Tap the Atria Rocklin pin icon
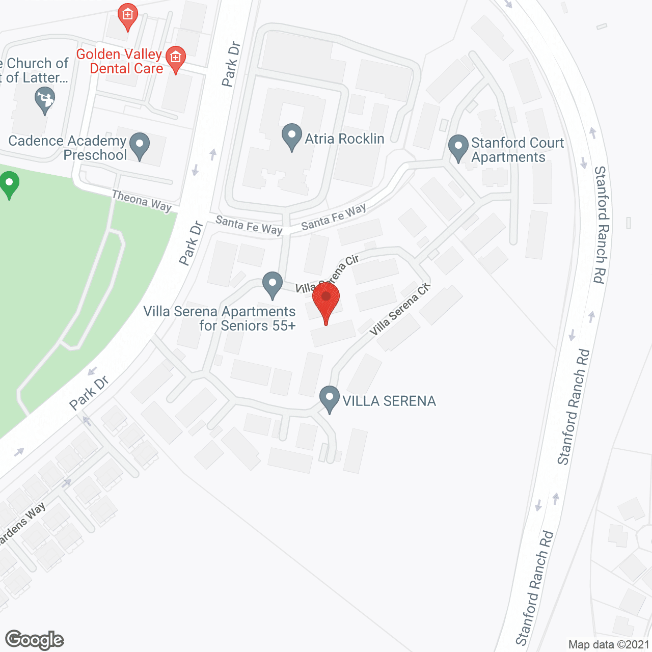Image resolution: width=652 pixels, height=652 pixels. [292, 137]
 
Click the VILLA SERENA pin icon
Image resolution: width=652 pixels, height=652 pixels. [330, 399]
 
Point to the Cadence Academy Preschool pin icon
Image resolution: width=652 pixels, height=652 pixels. [140, 145]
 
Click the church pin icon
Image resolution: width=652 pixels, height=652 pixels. [45, 99]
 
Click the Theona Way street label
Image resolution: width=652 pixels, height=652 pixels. [142, 201]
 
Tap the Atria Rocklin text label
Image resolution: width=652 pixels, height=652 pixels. [344, 139]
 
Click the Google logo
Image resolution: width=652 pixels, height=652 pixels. [34, 640]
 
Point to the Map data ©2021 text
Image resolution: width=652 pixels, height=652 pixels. [609, 644]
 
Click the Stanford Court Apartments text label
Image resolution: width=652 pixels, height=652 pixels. [518, 150]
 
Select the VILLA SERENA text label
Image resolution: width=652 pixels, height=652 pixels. [389, 401]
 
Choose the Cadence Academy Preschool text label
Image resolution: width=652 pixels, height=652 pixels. [68, 148]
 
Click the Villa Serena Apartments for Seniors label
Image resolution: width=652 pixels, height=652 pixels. [220, 318]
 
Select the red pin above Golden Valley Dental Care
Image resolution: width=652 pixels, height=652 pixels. [127, 16]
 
